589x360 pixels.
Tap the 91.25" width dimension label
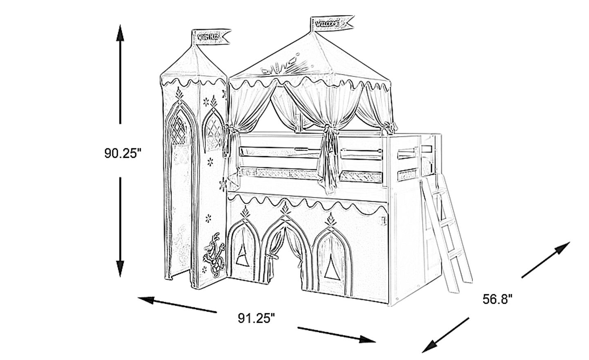(256, 318)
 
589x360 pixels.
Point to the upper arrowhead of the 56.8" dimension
(563, 247)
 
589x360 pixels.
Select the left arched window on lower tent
(245, 254)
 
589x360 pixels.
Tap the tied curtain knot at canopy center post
(328, 130)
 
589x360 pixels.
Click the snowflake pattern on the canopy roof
(286, 65)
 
